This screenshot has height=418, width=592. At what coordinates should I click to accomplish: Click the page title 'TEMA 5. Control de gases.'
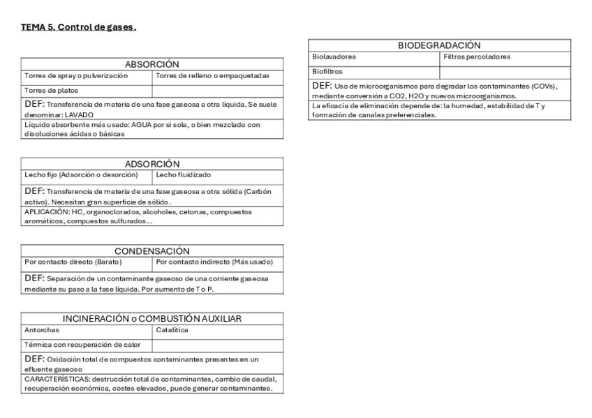pos(78,27)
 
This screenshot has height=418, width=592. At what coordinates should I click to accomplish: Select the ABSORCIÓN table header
pos(152,64)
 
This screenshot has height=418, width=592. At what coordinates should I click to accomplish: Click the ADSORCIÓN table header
pos(152,163)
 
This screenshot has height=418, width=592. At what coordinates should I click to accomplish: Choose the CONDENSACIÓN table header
pos(152,251)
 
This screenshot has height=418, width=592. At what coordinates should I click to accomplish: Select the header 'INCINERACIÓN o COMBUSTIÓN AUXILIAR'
pos(152,318)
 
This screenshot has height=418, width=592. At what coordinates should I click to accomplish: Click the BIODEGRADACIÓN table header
pos(439,45)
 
